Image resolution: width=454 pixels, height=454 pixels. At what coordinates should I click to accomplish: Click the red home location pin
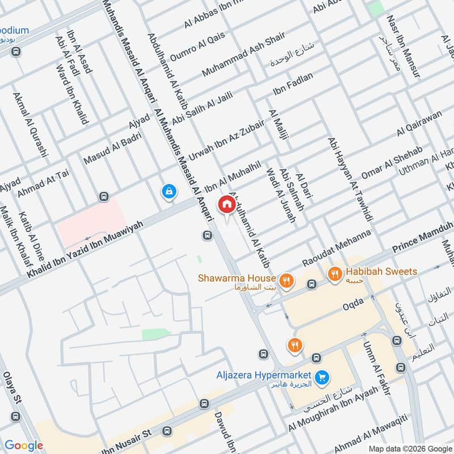226,204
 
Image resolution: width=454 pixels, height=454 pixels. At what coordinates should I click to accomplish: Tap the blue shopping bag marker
169,192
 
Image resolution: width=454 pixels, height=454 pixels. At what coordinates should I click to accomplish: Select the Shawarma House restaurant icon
287,279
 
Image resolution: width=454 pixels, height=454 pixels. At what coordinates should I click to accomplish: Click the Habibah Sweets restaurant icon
335,272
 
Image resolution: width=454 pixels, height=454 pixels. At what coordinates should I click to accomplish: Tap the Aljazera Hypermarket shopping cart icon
322,376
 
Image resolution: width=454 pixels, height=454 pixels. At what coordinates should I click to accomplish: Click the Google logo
24,445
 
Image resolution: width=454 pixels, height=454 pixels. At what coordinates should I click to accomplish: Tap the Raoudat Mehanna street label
337,247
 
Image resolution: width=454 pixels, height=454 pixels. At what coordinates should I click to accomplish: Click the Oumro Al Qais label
197,44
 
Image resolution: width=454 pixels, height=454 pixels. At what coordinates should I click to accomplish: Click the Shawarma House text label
237,278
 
